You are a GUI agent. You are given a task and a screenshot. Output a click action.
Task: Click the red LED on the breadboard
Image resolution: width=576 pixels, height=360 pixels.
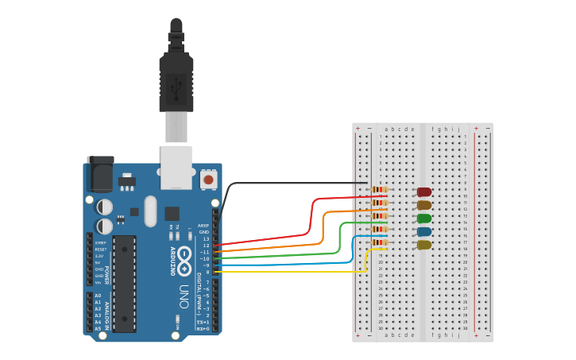pyautogui.click(x=424, y=192)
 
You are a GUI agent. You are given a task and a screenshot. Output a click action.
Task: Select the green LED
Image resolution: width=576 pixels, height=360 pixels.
pyautogui.click(x=424, y=218)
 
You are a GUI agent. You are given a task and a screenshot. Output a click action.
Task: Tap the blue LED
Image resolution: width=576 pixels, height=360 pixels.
pyautogui.click(x=424, y=231)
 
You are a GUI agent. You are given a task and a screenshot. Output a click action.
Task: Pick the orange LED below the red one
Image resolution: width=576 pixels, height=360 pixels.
pyautogui.click(x=424, y=205)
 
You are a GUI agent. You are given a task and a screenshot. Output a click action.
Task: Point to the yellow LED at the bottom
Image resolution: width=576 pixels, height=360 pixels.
pyautogui.click(x=424, y=245)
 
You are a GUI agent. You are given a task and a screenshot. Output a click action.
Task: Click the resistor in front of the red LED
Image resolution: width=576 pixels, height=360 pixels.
pyautogui.click(x=380, y=190)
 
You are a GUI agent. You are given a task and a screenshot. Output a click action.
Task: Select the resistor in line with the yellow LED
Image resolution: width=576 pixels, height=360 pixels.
pyautogui.click(x=380, y=242)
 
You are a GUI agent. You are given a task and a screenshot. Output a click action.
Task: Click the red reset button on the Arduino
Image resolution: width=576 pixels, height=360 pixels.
pyautogui.click(x=208, y=180)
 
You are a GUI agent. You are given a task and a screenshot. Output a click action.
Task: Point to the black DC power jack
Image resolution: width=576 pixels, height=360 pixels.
pyautogui.click(x=100, y=175)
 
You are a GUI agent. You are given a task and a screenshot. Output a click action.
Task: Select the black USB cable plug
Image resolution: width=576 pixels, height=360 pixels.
pyautogui.click(x=176, y=79)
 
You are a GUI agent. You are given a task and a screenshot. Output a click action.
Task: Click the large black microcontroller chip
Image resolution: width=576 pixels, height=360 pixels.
pyautogui.click(x=124, y=283)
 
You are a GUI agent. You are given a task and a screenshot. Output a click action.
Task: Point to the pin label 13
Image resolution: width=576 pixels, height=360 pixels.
pyautogui.click(x=206, y=238)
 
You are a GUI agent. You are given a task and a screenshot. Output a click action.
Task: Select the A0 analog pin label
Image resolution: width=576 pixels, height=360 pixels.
pyautogui.click(x=99, y=296)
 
